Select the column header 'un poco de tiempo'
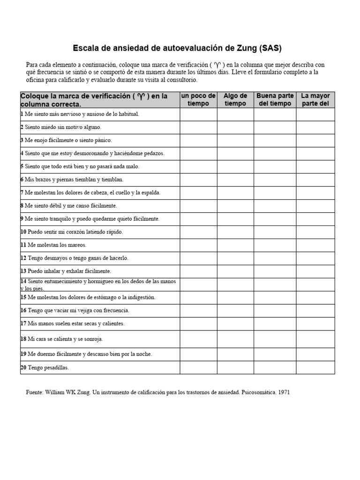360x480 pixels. [x=198, y=100]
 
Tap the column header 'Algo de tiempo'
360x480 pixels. [x=235, y=100]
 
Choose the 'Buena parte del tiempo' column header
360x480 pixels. [x=275, y=100]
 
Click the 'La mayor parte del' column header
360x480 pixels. [x=315, y=100]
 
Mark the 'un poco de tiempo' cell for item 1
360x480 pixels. [x=198, y=114]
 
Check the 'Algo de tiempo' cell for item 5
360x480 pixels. [x=235, y=167]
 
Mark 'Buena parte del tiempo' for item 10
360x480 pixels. [x=275, y=232]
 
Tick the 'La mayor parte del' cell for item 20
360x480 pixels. [x=315, y=367]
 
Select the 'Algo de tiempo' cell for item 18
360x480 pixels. [x=235, y=339]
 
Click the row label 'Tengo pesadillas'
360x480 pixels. [x=48, y=368]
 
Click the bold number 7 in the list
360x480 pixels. [x=22, y=193]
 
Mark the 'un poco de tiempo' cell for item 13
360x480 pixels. [x=198, y=271]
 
